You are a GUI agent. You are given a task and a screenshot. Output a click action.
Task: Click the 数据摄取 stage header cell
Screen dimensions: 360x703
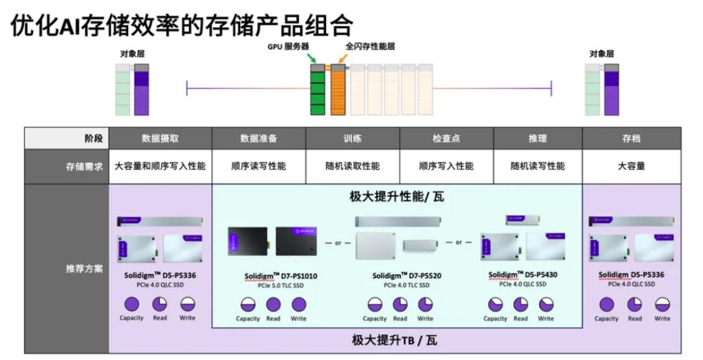pos(160,138)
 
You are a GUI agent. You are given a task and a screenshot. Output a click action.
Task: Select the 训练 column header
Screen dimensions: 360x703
pos(352,138)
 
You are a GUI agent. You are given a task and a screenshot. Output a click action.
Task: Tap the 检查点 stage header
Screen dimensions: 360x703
pos(446,138)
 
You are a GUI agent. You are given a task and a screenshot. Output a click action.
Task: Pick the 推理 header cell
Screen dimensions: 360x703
pos(538,138)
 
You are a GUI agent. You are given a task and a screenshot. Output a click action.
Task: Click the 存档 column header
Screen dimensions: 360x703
pos(631,138)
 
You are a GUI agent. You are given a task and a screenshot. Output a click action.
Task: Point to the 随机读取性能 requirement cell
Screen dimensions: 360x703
pos(352,166)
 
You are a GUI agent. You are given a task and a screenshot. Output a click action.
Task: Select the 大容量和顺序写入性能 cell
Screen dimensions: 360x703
pos(160,166)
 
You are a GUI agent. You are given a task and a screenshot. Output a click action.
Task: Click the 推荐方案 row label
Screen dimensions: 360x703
pos(84,268)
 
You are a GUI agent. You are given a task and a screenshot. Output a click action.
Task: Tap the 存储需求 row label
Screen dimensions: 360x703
pos(84,166)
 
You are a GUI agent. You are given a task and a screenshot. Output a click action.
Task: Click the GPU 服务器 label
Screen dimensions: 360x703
pos(288,47)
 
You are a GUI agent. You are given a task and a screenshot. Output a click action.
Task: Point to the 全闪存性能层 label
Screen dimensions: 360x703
pos(370,46)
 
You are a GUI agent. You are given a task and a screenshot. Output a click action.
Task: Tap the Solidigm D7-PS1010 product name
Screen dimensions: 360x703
pos(281,276)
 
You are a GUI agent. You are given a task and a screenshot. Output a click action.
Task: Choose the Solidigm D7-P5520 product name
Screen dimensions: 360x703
pos(407,276)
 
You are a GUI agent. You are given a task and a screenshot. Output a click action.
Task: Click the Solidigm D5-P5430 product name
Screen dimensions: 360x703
pos(523,275)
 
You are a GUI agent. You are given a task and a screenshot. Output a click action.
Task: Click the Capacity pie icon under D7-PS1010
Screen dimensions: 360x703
pos(247,304)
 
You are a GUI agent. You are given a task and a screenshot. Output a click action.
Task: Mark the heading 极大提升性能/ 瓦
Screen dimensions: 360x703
pos(397,197)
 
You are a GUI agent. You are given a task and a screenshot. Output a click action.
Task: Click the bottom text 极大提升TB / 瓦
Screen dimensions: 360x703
pos(397,340)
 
